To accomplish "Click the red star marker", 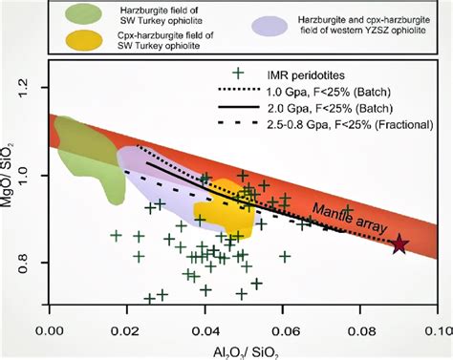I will pos(399,244).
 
